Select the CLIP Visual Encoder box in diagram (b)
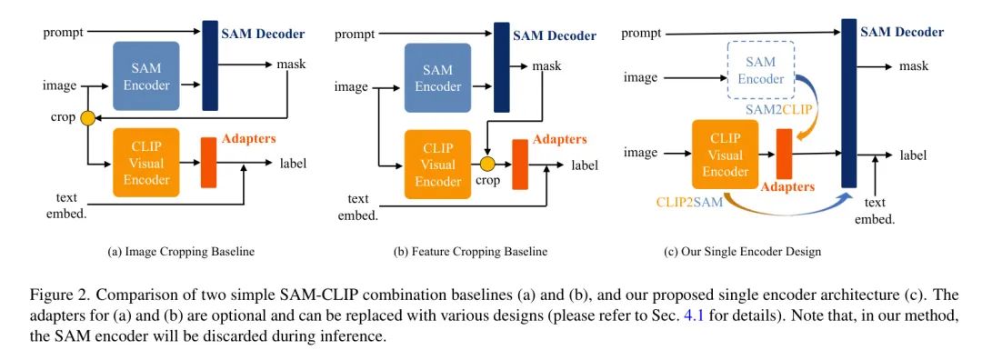click(437, 165)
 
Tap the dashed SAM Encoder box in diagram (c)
click(760, 71)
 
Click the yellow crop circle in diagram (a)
click(87, 118)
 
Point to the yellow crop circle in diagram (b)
click(487, 165)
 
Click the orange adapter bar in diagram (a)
click(208, 164)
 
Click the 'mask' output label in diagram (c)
click(913, 66)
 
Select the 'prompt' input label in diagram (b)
click(355, 35)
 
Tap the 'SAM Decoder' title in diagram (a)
click(263, 35)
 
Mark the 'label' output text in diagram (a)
click(294, 164)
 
